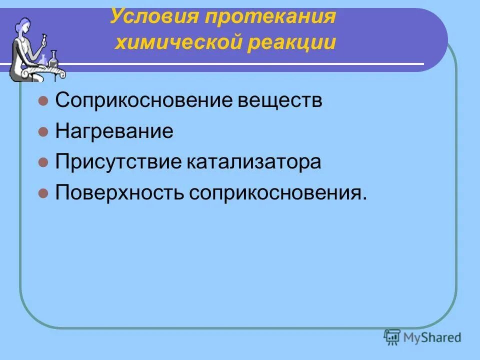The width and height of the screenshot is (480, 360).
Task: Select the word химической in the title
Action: pos(177,43)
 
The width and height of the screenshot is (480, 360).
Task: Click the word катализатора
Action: pos(255,162)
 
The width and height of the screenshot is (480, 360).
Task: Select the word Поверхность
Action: pos(120,192)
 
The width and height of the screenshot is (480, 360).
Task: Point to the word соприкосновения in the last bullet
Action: pos(277,192)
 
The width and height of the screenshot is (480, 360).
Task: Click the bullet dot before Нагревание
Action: pos(43,132)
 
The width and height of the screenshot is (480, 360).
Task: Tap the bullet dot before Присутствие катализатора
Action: pos(43,162)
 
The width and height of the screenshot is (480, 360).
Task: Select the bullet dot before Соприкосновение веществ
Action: pos(43,101)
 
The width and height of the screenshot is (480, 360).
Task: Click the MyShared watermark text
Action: pos(433,337)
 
